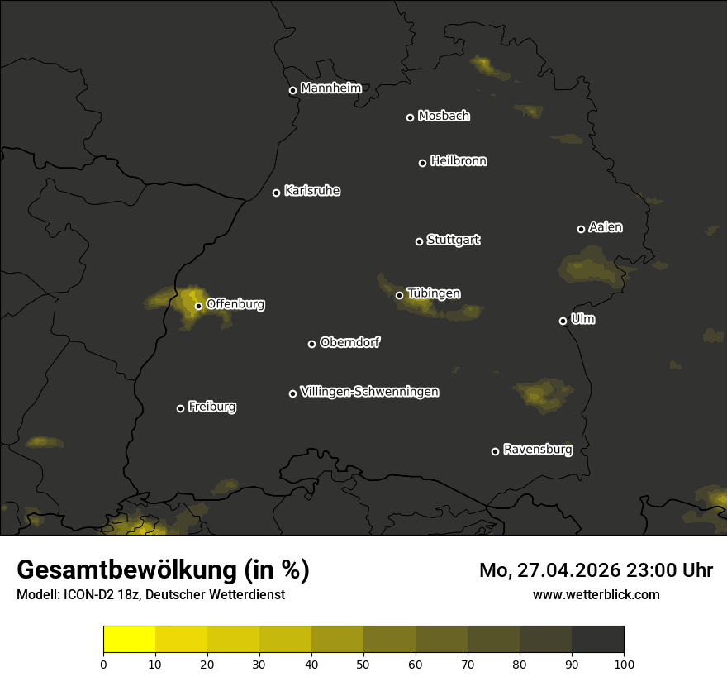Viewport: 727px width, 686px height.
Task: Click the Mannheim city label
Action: coord(330,88)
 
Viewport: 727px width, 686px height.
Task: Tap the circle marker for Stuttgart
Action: coord(419,241)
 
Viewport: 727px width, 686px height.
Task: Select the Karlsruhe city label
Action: coord(311,191)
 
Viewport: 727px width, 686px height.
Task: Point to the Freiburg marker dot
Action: coord(180,408)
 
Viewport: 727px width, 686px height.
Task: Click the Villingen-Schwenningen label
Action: coord(369,392)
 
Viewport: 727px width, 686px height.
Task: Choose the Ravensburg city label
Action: coord(537,450)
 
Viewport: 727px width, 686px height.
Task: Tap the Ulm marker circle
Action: coord(563,321)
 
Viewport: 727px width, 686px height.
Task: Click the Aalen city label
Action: coord(605,227)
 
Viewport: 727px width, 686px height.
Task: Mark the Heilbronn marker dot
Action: coord(422,163)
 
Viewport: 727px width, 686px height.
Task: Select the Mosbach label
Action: coord(443,117)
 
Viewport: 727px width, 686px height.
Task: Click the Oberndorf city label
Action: coord(349,342)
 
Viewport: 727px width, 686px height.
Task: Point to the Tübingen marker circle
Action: coord(399,295)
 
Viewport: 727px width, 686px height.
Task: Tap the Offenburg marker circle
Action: coord(198,306)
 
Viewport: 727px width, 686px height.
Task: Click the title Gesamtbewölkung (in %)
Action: coord(163,570)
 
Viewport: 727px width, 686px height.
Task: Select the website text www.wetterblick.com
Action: coord(596,594)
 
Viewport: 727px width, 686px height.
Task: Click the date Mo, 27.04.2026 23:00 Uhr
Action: coord(596,570)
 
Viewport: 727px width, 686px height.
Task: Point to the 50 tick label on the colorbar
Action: coord(363,663)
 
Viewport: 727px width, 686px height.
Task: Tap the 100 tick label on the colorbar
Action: coord(624,663)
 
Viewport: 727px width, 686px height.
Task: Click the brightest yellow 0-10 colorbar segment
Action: coord(129,640)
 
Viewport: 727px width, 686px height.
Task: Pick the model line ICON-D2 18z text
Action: coord(150,594)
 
